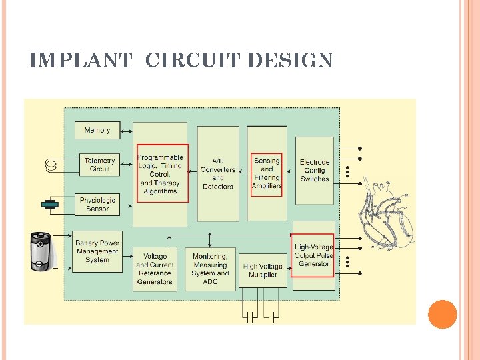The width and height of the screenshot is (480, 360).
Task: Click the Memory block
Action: [x=97, y=130]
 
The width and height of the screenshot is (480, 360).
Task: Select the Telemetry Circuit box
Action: [x=99, y=165]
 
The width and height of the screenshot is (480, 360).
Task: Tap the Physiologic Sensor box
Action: [x=97, y=204]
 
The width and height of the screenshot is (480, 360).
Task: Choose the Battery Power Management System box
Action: [x=97, y=251]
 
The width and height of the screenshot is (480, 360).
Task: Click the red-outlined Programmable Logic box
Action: [x=162, y=173]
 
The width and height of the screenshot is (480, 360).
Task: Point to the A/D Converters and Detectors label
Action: [x=218, y=174]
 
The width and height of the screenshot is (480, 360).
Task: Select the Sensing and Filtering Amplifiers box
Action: [x=267, y=173]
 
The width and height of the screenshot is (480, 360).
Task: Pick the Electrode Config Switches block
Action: [x=314, y=171]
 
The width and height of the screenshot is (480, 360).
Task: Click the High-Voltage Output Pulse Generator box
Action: [x=314, y=255]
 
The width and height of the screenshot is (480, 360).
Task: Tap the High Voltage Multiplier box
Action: [x=263, y=270]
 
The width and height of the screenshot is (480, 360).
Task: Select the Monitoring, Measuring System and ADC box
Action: [x=210, y=269]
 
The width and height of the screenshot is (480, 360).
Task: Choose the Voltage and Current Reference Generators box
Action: [x=154, y=269]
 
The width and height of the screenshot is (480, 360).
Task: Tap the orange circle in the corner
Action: [x=442, y=315]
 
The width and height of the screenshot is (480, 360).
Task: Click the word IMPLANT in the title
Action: [x=81, y=61]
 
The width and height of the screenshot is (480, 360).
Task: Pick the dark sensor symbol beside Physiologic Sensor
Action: [x=50, y=204]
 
